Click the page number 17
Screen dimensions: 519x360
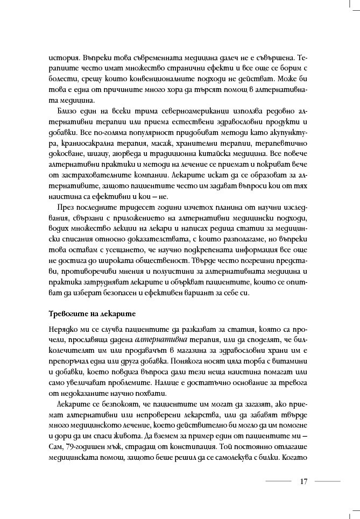[x=303, y=481]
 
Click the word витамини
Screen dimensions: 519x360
[x=288, y=361]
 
